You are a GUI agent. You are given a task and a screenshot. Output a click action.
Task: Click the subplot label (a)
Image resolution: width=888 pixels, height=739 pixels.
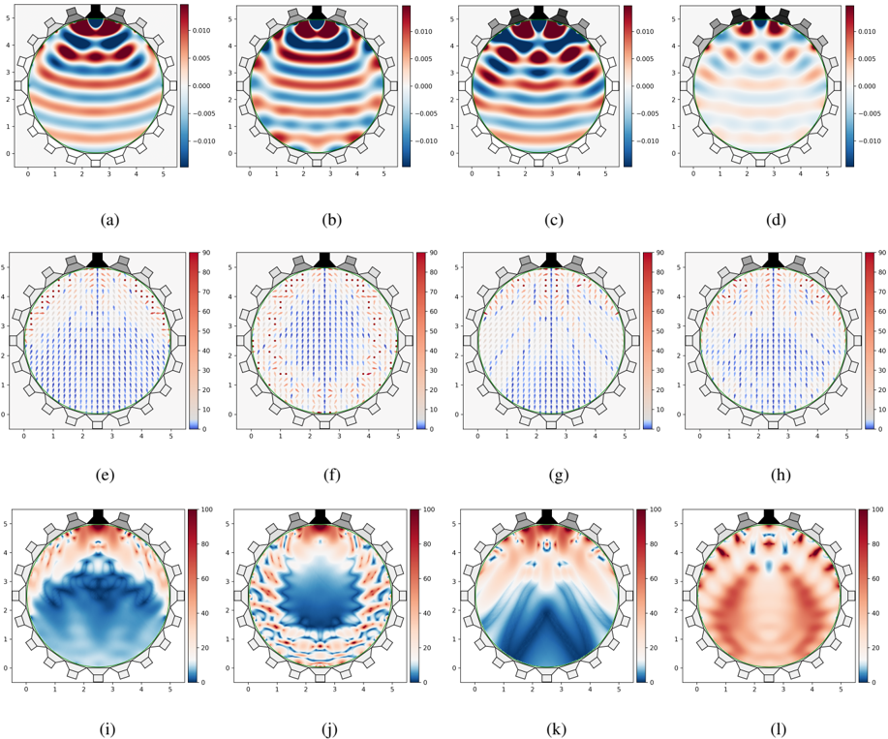109,220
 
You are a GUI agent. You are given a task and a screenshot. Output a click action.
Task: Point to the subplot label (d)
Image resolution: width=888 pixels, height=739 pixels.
774,220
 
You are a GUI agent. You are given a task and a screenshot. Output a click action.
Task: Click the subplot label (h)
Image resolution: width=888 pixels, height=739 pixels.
774,476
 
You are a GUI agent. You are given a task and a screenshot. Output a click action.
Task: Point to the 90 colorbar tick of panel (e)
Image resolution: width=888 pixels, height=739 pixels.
197,254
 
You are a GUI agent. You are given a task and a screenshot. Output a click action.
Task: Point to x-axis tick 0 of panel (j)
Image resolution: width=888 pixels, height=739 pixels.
249,689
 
